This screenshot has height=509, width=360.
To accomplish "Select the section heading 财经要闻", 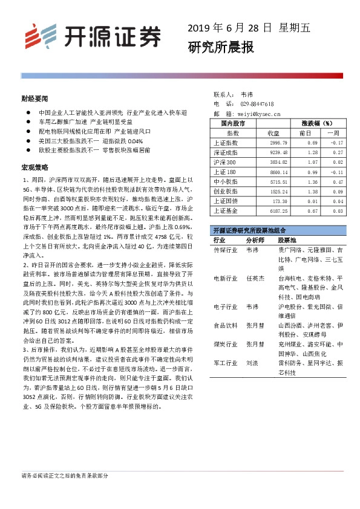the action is (x=34, y=97).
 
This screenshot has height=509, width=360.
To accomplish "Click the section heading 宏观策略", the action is (x=34, y=166).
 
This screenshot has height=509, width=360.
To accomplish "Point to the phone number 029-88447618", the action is (x=257, y=103).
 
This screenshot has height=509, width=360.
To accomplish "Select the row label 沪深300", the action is (x=225, y=163).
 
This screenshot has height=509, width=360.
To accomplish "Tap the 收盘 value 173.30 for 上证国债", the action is (x=272, y=201).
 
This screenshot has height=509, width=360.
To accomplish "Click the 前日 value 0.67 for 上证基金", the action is (x=312, y=210).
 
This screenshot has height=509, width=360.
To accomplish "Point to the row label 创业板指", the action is (x=226, y=192).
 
